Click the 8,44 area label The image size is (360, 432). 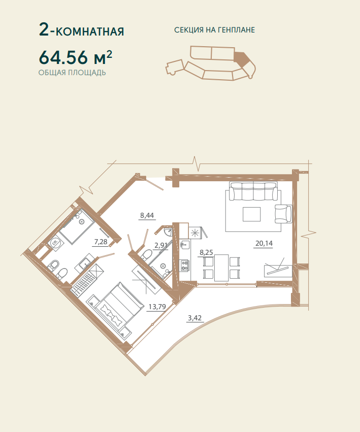click(x=147, y=215)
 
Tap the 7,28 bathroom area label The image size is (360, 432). click(x=101, y=242)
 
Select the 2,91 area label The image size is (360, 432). click(x=161, y=245)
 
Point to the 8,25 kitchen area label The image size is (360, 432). click(x=206, y=253)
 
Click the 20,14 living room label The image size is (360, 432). click(x=264, y=243)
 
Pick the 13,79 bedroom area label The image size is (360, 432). click(x=157, y=307)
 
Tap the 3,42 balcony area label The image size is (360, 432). click(x=194, y=318)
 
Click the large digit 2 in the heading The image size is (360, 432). click(x=44, y=29)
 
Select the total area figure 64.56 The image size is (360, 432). click(x=63, y=57)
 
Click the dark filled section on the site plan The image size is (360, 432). click(x=242, y=58)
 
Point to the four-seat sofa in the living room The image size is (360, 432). click(x=253, y=191)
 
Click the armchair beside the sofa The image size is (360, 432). click(x=283, y=214)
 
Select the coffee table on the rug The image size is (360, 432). click(x=251, y=214)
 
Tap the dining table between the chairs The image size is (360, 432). click(x=221, y=268)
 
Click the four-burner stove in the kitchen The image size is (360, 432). click(x=184, y=265)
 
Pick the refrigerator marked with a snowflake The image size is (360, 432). click(x=195, y=233)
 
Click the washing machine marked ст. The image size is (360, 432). click(x=55, y=243)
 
